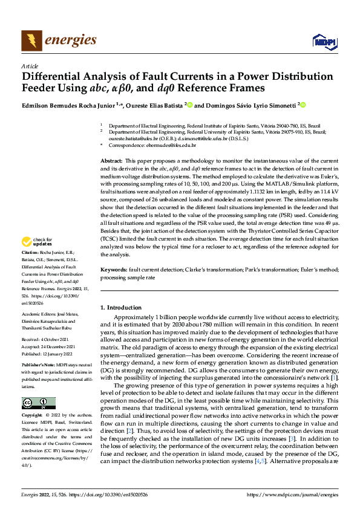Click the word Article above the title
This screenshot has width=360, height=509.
[30, 66]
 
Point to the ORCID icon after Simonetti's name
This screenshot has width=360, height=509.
[303, 105]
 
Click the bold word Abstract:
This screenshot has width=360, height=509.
[111, 160]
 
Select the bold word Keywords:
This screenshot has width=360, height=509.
[114, 268]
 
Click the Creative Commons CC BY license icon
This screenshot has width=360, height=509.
[38, 403]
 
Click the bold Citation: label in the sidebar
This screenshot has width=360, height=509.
[30, 267]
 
